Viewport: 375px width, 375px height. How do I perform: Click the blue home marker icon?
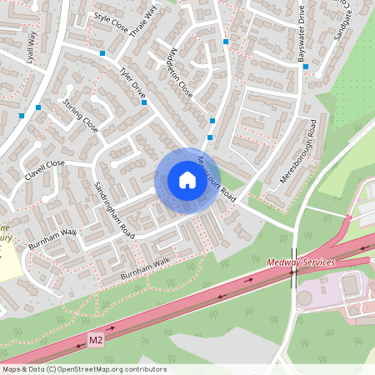[x=187, y=179]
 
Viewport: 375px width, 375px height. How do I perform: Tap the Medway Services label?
[x=301, y=262]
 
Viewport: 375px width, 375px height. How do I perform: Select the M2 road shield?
[x=97, y=340]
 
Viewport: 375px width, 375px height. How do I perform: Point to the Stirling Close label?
[x=80, y=116]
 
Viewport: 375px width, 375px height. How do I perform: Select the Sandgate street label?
[x=343, y=30]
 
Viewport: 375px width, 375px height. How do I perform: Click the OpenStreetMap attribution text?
[x=84, y=369]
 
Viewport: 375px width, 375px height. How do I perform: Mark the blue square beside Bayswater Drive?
[x=306, y=67]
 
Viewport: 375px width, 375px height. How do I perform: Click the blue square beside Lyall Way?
[x=38, y=107]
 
